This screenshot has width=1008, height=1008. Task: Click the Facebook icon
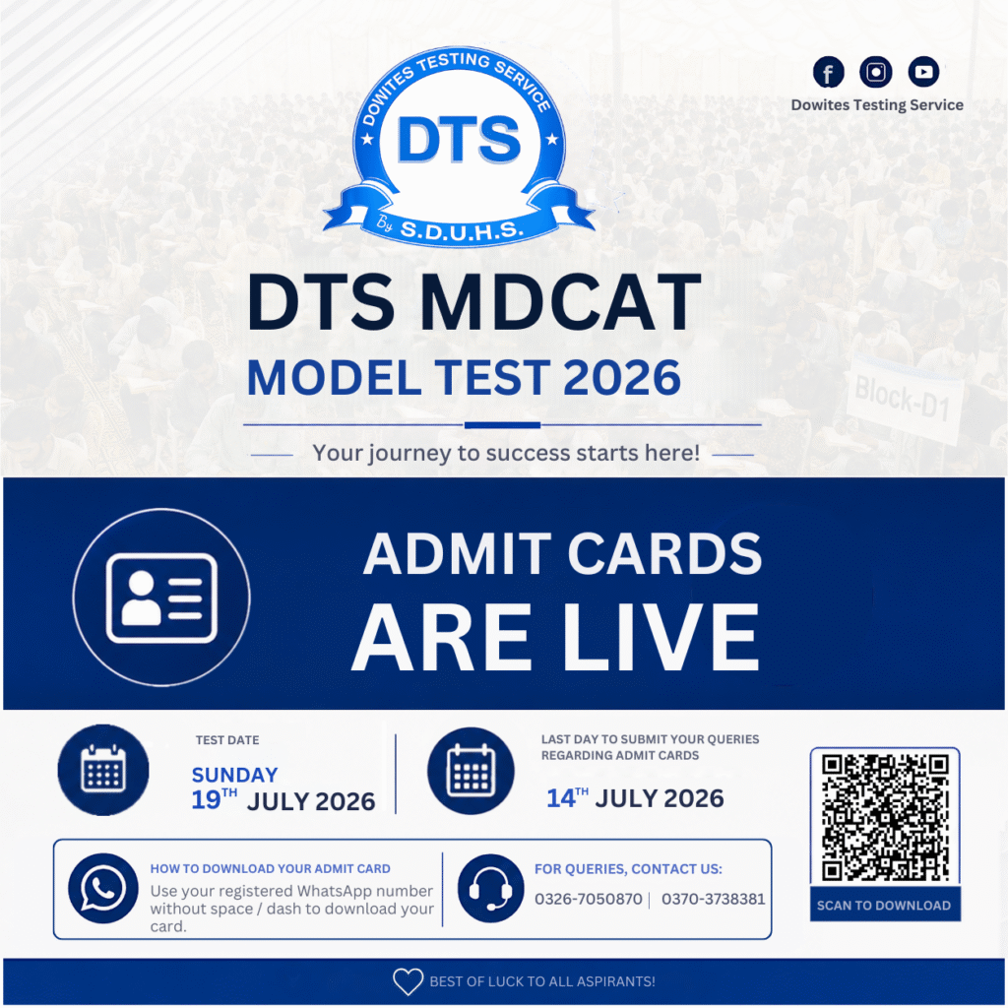828,71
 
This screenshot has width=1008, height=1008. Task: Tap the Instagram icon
875,71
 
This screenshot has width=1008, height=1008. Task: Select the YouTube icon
923,71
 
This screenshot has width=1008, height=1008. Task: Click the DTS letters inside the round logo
459,140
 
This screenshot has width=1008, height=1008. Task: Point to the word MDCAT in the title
560,301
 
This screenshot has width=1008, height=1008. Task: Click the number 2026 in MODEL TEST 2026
622,377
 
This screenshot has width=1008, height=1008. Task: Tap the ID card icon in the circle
161,598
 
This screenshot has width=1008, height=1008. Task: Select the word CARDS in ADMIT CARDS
664,553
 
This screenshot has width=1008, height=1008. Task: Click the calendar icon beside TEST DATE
103,770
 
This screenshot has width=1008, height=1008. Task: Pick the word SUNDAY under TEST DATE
234,775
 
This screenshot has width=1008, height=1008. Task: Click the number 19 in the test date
207,800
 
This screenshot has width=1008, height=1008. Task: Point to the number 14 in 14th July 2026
560,798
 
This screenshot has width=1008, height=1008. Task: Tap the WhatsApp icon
102,889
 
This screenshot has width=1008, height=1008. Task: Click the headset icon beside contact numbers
490,889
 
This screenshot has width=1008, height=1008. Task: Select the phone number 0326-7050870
589,899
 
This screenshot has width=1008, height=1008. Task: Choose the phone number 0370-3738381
714,899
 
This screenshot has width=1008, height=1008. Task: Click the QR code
885,817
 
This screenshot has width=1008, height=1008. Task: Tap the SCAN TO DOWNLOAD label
884,906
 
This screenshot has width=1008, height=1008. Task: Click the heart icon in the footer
409,981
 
